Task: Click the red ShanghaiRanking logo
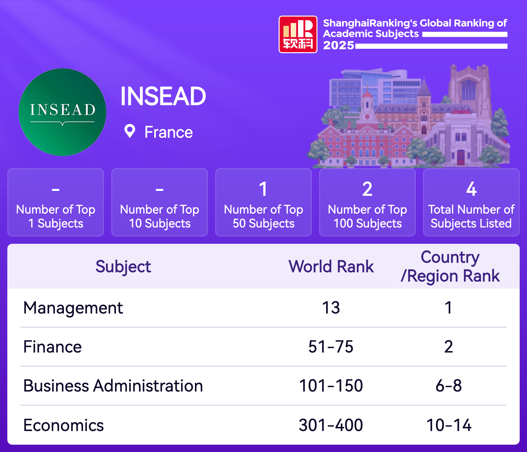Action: pos(298,34)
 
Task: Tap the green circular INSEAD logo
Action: pos(62,112)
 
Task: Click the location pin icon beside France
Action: pos(130,131)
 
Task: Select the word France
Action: pos(168,132)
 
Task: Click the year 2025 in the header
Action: pos(339,45)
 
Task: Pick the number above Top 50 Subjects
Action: pos(263,189)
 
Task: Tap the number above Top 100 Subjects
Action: pos(367,189)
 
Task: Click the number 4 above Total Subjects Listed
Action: pos(471,189)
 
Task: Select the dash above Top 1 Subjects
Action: pos(56,190)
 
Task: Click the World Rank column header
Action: pos(331,266)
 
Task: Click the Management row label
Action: pos(73,308)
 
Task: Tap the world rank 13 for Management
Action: pos(331,308)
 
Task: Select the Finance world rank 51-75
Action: pos(331,346)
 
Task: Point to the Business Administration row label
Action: pos(113,386)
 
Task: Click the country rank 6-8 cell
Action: pos(449,386)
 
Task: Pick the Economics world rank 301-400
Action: pos(331,425)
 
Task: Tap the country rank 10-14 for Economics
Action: pos(449,425)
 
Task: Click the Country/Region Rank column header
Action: pos(450,266)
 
